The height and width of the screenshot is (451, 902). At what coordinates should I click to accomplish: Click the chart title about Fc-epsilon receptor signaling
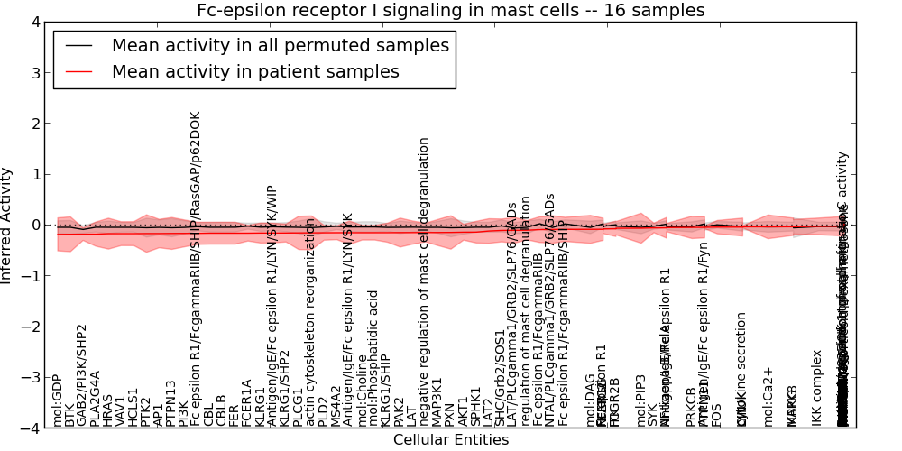(x=451, y=10)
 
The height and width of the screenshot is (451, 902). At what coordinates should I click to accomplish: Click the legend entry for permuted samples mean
(x=280, y=45)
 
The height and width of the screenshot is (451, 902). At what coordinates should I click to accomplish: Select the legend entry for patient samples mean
(x=255, y=71)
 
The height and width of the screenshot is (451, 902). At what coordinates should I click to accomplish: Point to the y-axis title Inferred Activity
(x=7, y=225)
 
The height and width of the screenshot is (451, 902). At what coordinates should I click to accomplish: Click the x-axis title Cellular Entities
(x=451, y=440)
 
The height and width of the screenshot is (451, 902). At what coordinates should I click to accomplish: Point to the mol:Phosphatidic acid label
(x=373, y=358)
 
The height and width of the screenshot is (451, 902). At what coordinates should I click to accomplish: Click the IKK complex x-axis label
(x=817, y=388)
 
